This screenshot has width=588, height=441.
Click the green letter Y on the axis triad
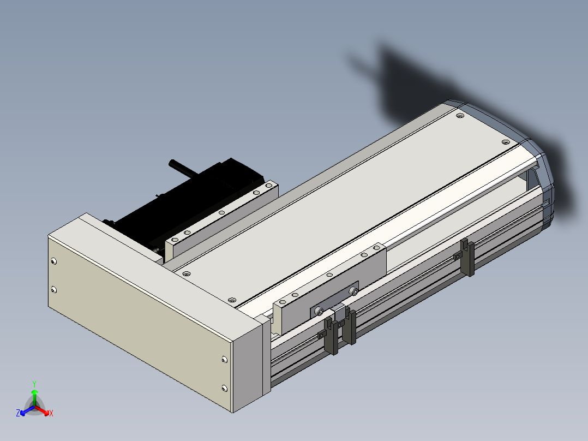(34, 384)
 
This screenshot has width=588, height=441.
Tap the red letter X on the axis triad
(51, 413)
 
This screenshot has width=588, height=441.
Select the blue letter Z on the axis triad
(18, 413)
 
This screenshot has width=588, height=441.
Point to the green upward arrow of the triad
(34, 397)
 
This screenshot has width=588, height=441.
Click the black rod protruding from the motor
(183, 169)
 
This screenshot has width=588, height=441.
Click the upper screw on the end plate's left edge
(53, 261)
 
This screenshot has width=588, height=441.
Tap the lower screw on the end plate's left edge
(53, 289)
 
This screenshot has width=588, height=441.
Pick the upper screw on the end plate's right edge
(224, 360)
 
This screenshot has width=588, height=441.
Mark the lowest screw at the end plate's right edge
(224, 388)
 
